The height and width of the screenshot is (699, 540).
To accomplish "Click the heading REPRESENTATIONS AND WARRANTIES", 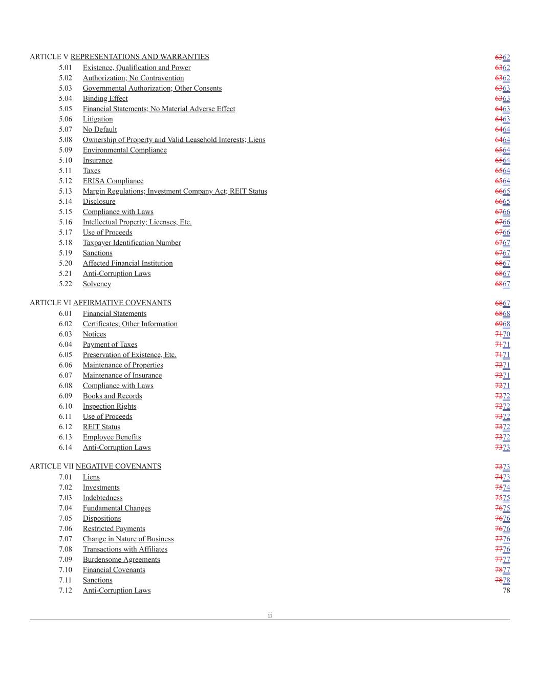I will (140, 57).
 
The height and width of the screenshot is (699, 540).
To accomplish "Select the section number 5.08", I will (65, 140).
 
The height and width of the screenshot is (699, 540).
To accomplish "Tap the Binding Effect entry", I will (105, 99).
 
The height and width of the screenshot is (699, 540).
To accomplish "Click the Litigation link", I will (98, 119).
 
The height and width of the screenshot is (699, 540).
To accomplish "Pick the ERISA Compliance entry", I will (113, 181).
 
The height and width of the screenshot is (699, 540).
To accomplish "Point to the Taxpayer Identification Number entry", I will (132, 243).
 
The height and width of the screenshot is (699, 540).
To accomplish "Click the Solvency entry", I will (97, 284).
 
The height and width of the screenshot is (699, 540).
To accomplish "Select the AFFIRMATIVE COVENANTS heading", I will (122, 303).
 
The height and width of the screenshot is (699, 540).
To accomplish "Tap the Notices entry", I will (94, 334).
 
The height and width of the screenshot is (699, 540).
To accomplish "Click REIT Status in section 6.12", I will (101, 427).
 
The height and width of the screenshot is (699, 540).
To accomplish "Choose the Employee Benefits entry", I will (112, 437).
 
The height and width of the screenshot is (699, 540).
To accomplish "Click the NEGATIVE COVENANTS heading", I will (118, 467).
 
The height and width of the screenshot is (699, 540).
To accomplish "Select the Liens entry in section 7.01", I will (91, 477).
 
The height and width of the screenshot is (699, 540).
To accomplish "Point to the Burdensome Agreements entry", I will (121, 560).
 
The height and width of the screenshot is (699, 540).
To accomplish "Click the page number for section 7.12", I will (506, 590).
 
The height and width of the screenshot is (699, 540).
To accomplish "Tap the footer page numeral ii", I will (270, 615).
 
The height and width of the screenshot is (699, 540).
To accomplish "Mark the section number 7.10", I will (65, 570).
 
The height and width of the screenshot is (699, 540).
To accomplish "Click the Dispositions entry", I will (102, 518).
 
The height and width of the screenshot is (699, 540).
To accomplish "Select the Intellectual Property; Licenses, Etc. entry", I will (137, 222).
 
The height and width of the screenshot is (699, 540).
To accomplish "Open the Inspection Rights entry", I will (110, 406).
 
